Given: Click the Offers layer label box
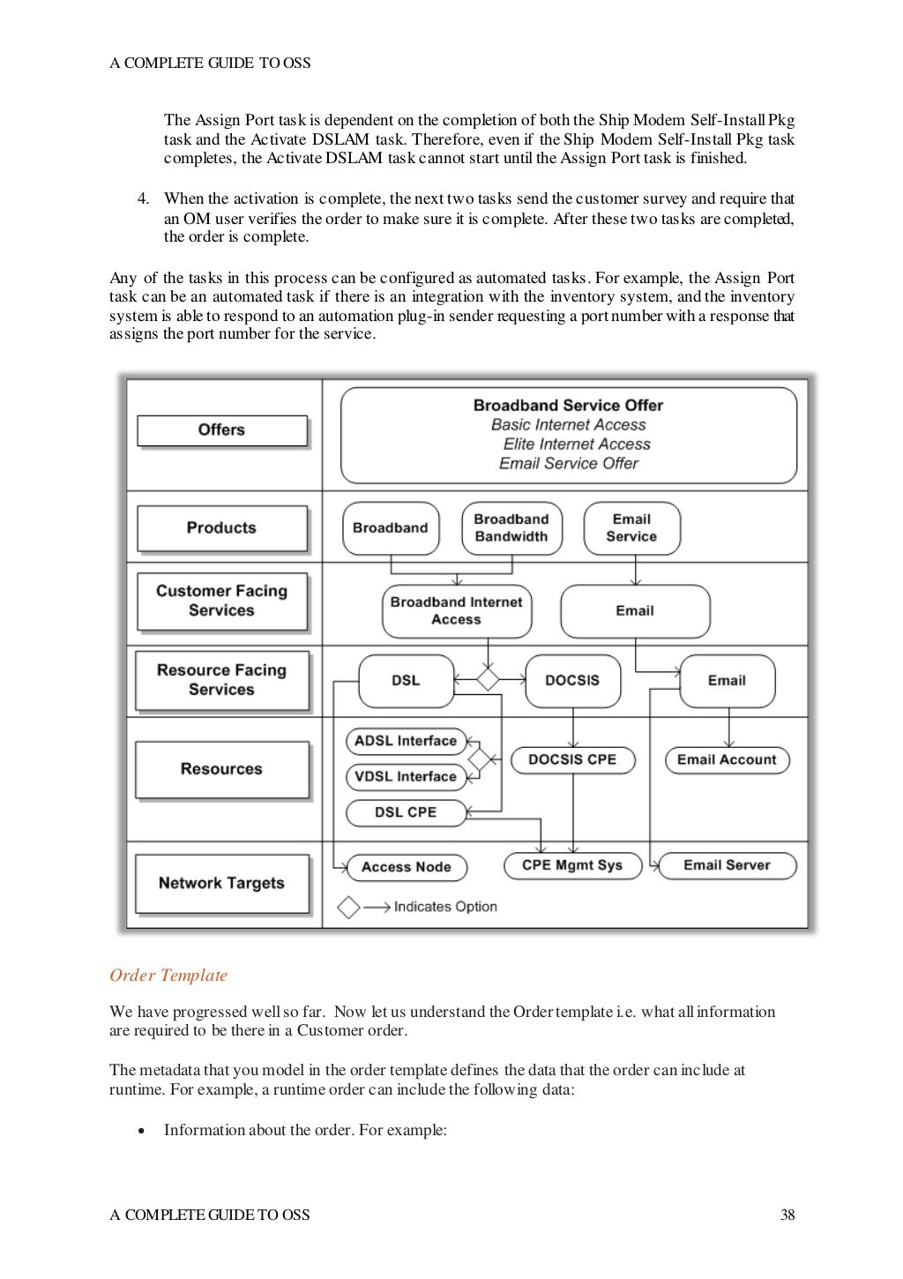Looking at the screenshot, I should pyautogui.click(x=222, y=430).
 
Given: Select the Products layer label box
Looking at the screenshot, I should pyautogui.click(x=222, y=528).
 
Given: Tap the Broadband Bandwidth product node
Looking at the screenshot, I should pyautogui.click(x=511, y=528).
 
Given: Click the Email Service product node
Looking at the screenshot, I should pyautogui.click(x=631, y=528).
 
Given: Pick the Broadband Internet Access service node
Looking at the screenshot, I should pyautogui.click(x=456, y=610).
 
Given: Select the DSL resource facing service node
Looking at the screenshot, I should pyautogui.click(x=406, y=681).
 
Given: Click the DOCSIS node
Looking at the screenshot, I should pyautogui.click(x=572, y=681).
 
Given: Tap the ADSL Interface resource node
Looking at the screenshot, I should pyautogui.click(x=406, y=741).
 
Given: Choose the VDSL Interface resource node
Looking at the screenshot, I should pyautogui.click(x=406, y=777).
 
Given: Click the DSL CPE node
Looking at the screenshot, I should pyautogui.click(x=406, y=812).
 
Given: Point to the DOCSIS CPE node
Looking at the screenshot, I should pyautogui.click(x=572, y=759).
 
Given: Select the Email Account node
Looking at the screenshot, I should pyautogui.click(x=727, y=759).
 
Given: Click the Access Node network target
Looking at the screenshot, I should pyautogui.click(x=407, y=867).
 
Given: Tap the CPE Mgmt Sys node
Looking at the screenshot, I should pyautogui.click(x=572, y=865).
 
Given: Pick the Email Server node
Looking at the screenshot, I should pyautogui.click(x=727, y=865).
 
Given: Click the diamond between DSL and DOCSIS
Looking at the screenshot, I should pyautogui.click(x=488, y=679).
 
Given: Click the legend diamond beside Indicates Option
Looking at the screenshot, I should pyautogui.click(x=349, y=907).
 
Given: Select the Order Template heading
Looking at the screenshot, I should pyautogui.click(x=168, y=976).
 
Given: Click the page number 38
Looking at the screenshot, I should pyautogui.click(x=787, y=1215).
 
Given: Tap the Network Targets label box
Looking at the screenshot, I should pyautogui.click(x=222, y=884).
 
